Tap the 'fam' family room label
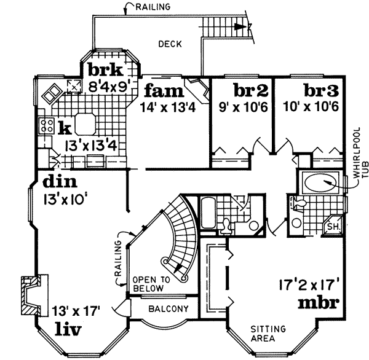click(164, 92)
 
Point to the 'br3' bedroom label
click(322, 91)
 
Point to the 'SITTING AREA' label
click(267, 333)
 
